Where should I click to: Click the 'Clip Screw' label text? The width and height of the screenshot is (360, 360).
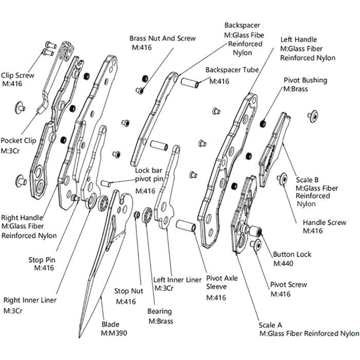click(18, 75)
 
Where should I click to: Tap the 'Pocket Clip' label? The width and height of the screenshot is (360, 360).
click(18, 140)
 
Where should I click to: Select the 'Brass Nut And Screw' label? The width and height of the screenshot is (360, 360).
click(162, 39)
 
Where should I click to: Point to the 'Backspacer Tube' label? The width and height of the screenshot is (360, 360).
click(232, 69)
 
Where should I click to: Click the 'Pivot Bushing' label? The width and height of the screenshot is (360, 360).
click(305, 81)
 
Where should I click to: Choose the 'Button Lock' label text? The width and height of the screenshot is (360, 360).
click(292, 255)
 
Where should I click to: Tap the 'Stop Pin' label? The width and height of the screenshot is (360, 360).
click(43, 259)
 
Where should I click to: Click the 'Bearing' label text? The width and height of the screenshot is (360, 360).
click(159, 312)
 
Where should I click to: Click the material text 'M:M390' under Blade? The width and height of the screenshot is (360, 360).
click(114, 333)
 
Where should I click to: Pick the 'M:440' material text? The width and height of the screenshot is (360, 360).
click(283, 264)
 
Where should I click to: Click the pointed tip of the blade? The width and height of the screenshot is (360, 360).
click(79, 337)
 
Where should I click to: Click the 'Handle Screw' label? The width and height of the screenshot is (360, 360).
click(324, 223)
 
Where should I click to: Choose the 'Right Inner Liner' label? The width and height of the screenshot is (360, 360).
click(30, 300)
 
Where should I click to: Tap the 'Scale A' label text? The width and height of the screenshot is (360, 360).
click(272, 325)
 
